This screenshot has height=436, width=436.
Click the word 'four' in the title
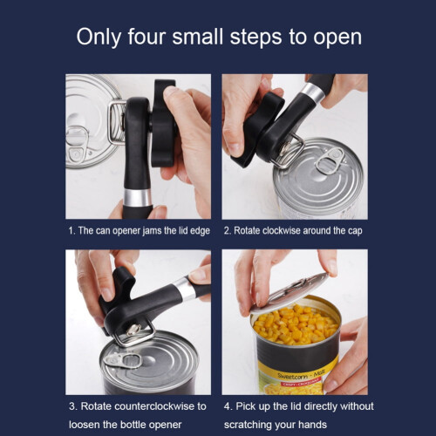coord(146,37)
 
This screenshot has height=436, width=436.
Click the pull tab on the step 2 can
coord(330,160)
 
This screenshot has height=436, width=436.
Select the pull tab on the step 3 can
coord(123,360)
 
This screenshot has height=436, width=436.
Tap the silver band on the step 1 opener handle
coord(137,198)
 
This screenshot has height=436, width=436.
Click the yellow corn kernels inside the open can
coord(296,324)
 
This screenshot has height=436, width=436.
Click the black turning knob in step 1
coord(163,122)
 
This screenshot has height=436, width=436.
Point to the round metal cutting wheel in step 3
coord(133,330)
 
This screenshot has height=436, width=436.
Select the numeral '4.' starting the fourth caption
coord(228,406)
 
